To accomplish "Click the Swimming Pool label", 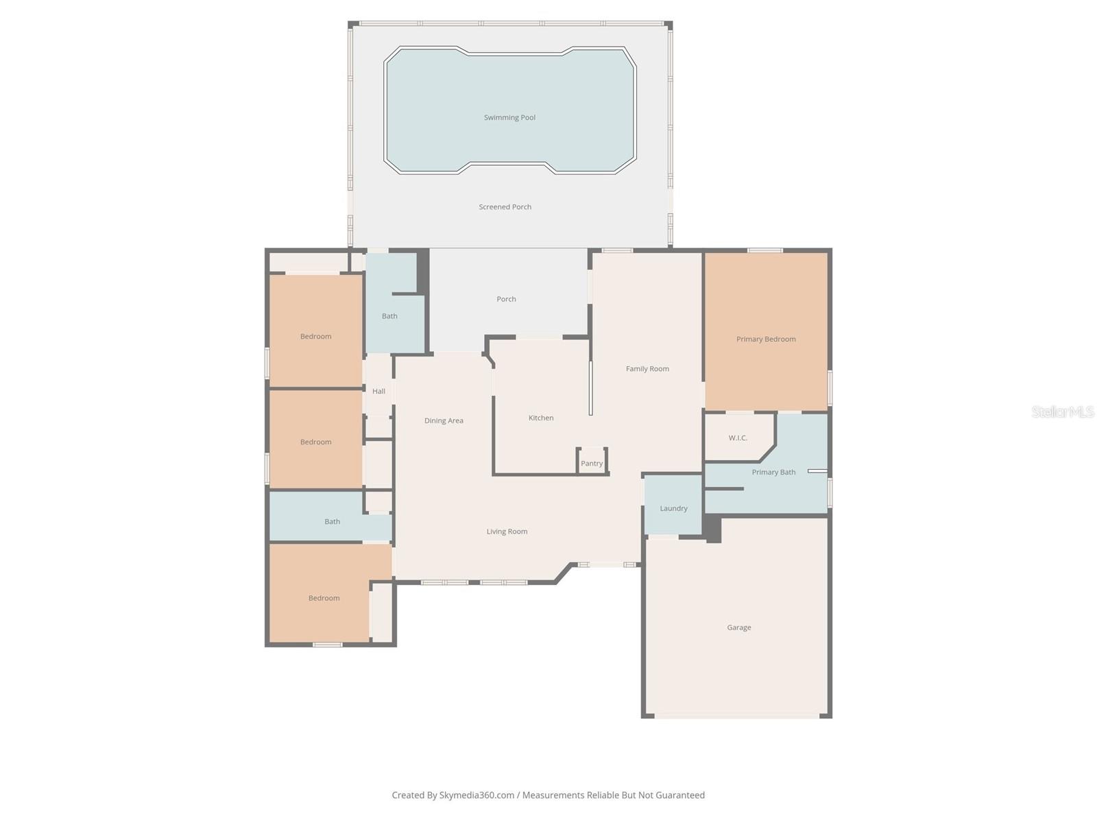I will click(x=509, y=117).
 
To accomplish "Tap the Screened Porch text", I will click(x=505, y=206).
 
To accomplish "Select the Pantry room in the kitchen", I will click(x=592, y=463).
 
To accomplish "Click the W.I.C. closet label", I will click(x=738, y=438).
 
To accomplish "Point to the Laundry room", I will click(x=673, y=508).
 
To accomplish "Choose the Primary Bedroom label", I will click(x=766, y=339).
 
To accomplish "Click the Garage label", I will click(x=738, y=627).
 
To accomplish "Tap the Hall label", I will click(x=378, y=391).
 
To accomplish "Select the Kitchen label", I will click(x=540, y=418).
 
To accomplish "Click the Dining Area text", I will click(x=444, y=420).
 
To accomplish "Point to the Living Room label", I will click(x=507, y=531).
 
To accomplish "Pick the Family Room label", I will click(x=647, y=368).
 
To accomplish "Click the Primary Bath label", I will click(x=773, y=472).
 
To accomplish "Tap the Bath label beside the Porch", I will click(x=389, y=316).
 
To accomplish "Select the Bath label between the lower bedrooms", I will click(x=332, y=521).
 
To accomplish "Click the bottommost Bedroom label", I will click(x=324, y=598).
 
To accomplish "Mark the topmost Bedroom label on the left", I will click(x=315, y=336).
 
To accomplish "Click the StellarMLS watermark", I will click(x=1062, y=411).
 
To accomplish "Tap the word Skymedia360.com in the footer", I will click(x=477, y=795).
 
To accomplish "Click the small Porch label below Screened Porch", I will click(x=506, y=299).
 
